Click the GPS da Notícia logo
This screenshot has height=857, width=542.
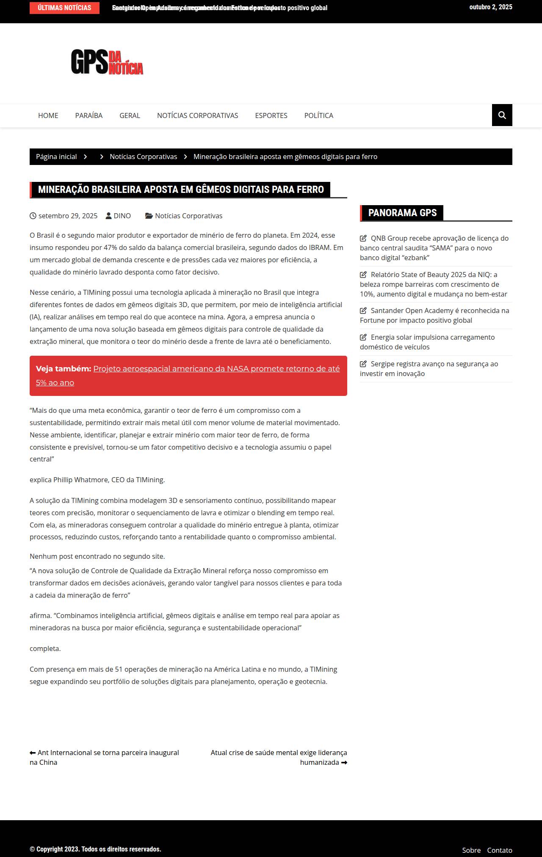[x=107, y=62]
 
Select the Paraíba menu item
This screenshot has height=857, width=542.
[x=89, y=115]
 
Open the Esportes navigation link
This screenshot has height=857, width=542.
[x=271, y=115]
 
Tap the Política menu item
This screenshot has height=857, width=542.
[x=318, y=115]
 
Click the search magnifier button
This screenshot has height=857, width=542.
[x=502, y=115]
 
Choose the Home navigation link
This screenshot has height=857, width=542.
[x=48, y=115]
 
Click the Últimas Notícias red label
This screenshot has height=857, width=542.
[x=64, y=8]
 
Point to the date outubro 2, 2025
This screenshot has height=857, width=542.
[x=490, y=7]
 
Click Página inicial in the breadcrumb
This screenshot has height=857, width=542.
[x=56, y=157]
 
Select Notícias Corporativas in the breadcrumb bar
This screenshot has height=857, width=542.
[x=143, y=157]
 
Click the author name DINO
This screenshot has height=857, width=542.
[x=122, y=216]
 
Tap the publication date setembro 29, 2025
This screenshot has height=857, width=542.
[x=68, y=216]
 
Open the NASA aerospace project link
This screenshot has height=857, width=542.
[x=216, y=369]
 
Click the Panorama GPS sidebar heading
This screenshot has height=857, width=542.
[x=402, y=213]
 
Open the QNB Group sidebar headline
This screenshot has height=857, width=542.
[x=434, y=248]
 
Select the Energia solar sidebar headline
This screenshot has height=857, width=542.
[x=428, y=342]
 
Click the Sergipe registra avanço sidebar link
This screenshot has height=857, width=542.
[x=429, y=368]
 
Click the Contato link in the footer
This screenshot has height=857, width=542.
[x=499, y=850]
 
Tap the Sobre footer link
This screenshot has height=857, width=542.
[x=471, y=850]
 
